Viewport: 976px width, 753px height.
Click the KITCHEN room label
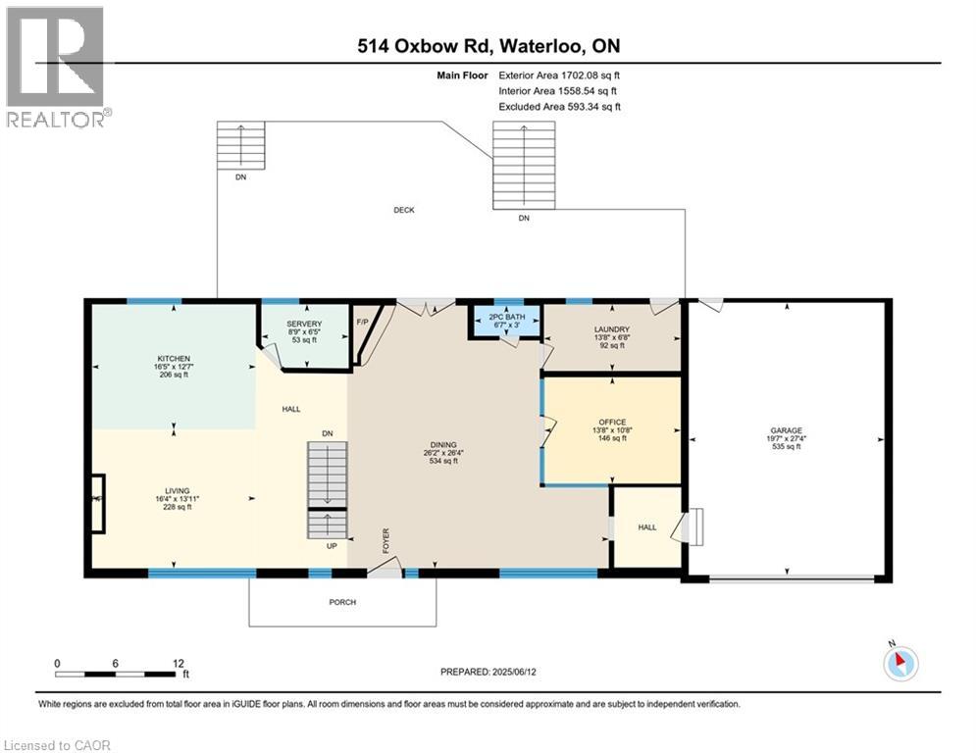(x=173, y=359)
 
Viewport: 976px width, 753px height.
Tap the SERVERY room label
(x=304, y=325)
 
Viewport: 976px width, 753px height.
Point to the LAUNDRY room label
(x=611, y=329)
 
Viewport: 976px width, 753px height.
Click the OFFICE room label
(x=611, y=423)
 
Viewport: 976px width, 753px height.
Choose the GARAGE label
(x=786, y=430)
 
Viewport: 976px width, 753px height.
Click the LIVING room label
(x=177, y=491)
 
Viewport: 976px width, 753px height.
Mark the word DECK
(x=404, y=210)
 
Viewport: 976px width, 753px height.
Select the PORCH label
(x=342, y=602)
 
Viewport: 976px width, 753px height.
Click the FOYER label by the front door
(x=386, y=540)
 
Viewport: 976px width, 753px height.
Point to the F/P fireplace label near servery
(x=362, y=321)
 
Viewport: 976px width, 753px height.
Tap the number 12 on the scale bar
(x=178, y=663)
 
